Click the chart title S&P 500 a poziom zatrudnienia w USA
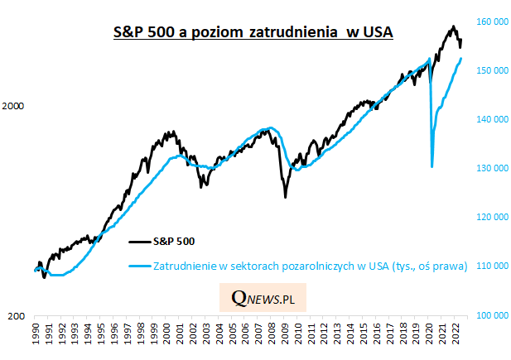coord(253,32)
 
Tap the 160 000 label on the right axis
coord(489,22)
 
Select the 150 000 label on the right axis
coord(489,70)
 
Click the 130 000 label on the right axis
coord(489,168)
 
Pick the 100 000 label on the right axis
coord(489,315)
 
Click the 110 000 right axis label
coord(489,266)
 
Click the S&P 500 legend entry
coord(174,242)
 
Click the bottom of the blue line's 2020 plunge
coord(432,167)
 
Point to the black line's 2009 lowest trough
coord(285,196)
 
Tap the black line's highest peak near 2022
coord(453,26)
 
